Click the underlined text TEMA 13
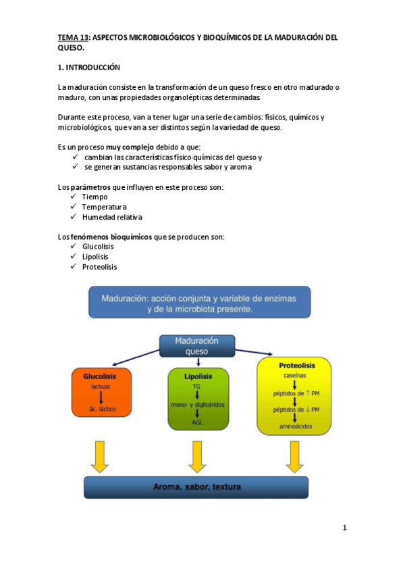coord(73,38)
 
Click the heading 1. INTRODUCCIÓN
coord(88,68)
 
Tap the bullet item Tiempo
coord(95,197)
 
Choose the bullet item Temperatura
coord(104,207)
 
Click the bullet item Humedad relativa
coord(112,218)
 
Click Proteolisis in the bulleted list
coord(100,267)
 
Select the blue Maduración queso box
coord(197,346)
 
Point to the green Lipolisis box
coord(198,399)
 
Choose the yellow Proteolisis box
coord(295,396)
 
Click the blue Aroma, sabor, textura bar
coord(196,487)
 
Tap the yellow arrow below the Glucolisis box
coord(100,456)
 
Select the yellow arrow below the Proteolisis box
coord(294,456)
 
